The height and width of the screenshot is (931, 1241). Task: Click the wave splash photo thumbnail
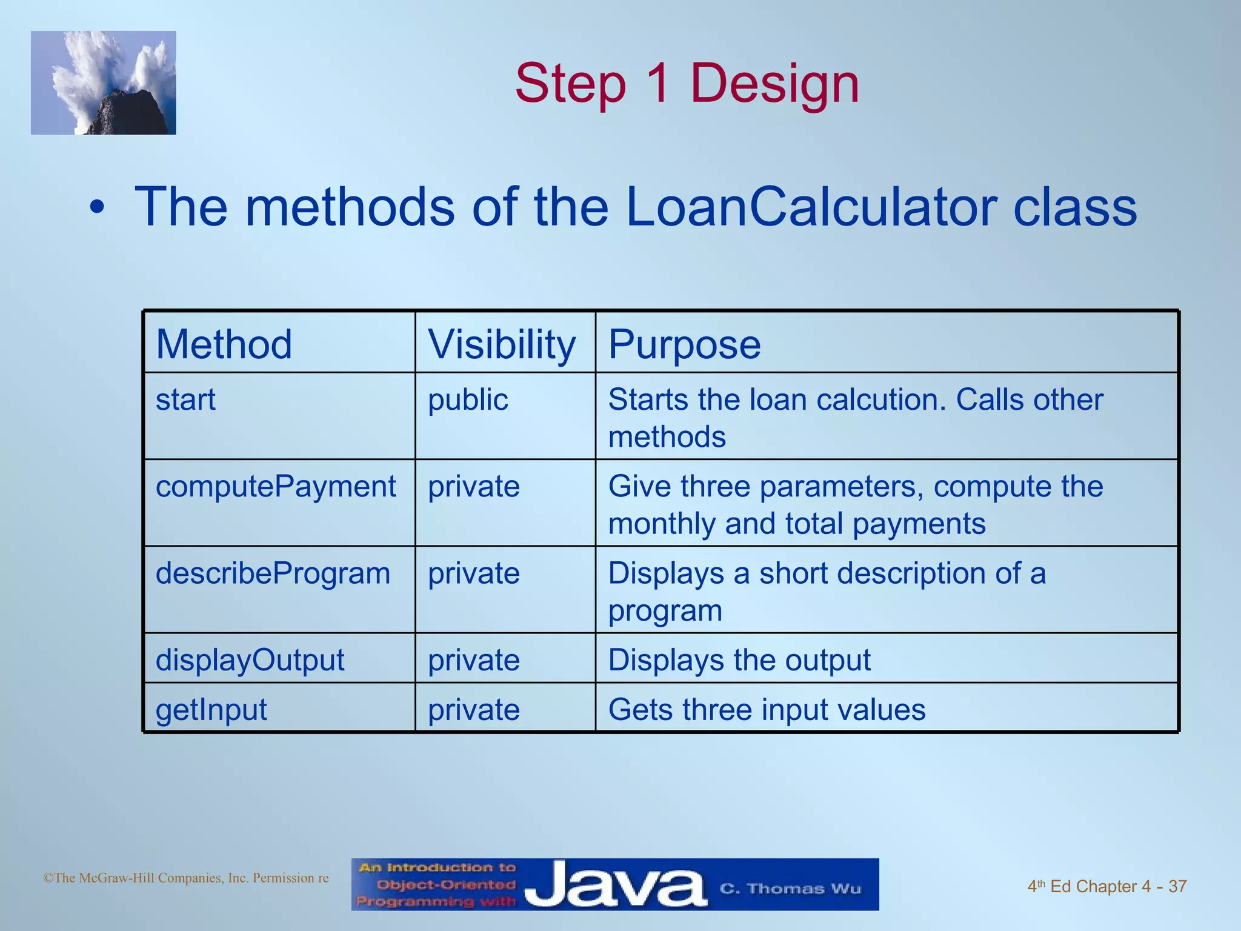point(104,83)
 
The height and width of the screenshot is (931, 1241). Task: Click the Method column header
point(224,344)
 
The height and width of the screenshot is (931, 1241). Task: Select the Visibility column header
point(502,344)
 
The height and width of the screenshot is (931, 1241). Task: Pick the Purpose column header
point(684,344)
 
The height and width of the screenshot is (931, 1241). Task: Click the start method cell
point(185,400)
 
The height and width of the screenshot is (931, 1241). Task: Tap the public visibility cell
point(468,400)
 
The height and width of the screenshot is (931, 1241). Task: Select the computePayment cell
point(276,487)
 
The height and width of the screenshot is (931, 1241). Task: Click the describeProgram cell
point(273,573)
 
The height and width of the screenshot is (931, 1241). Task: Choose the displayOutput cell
point(250,659)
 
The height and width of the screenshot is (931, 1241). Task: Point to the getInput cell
point(211,709)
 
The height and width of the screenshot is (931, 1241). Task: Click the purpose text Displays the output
point(739,659)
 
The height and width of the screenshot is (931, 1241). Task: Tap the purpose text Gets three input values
point(767,709)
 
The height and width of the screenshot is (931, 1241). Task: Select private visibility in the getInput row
point(474,709)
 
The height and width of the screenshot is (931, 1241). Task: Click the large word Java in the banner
point(615,886)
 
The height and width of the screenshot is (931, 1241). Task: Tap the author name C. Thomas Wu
point(790,889)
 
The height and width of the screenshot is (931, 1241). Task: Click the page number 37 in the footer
point(1177,886)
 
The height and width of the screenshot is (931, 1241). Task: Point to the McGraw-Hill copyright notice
point(186,878)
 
